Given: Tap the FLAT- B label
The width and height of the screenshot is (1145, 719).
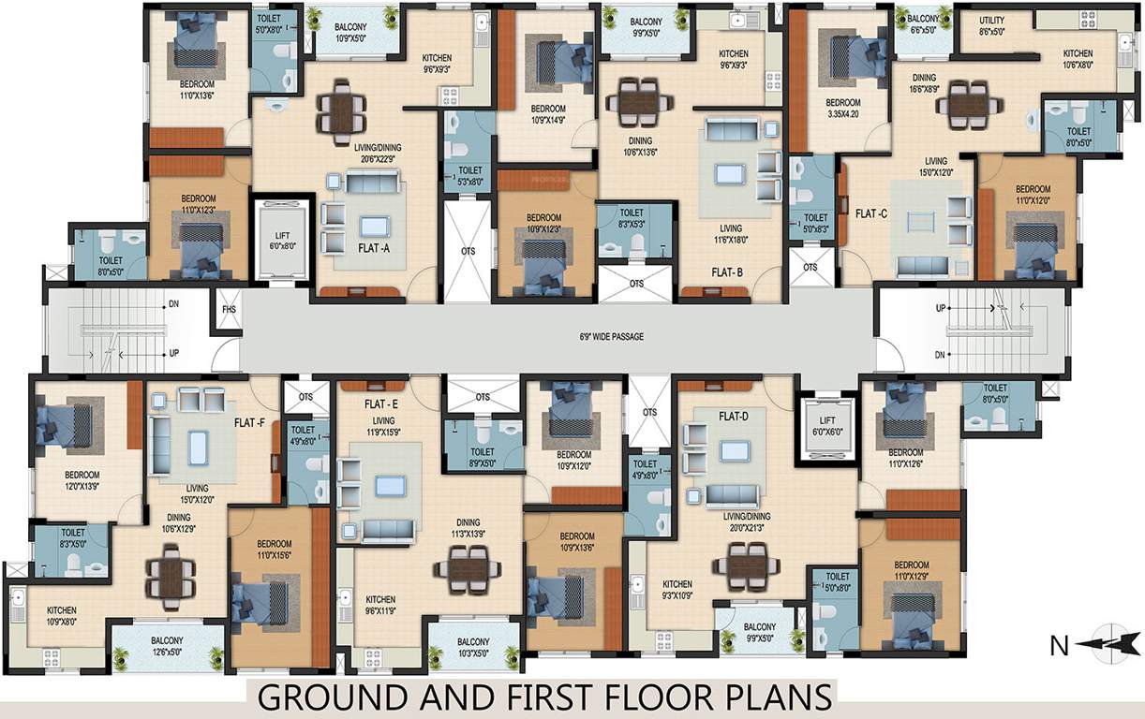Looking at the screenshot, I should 726,273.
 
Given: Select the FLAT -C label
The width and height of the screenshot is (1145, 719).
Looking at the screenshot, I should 871,213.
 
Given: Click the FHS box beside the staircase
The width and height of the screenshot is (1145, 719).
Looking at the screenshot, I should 228,308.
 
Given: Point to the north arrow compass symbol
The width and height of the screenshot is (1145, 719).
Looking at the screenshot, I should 1108,643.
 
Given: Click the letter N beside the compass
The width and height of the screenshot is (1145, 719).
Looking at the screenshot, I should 1057,644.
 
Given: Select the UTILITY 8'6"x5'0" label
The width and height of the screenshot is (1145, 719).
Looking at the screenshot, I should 991,25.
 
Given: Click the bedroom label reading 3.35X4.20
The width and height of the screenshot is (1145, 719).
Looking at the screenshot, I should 842,108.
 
